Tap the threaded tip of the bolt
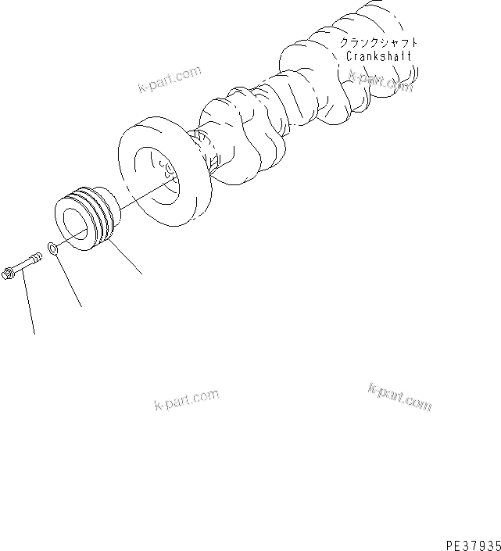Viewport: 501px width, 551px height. coord(40,255)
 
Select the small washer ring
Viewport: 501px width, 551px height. coord(52,249)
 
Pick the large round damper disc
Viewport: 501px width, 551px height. coord(149,168)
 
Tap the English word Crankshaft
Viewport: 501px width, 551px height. coord(378,57)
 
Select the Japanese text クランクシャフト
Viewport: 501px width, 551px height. coord(379,43)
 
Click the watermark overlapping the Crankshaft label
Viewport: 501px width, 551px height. coord(381,80)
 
